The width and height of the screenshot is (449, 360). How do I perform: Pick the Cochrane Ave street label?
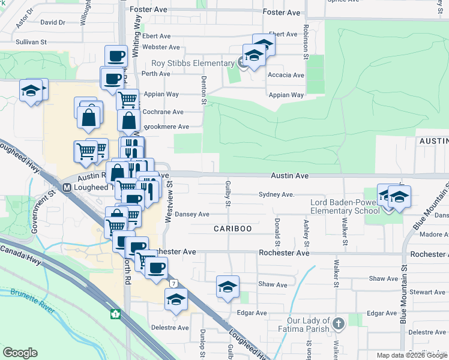coord(162,112)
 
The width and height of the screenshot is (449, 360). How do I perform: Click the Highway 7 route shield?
coord(173,283)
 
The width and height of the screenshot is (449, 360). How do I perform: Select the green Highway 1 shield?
coord(115,314)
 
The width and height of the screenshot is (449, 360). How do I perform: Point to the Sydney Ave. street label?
coord(276,194)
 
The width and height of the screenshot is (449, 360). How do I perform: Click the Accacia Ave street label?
coord(286,75)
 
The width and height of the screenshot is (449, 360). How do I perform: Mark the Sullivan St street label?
coord(31,43)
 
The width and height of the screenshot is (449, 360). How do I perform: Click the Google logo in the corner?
coord(20,353)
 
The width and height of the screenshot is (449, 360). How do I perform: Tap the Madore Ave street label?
coord(435,235)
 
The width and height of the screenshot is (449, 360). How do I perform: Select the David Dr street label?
coord(52,23)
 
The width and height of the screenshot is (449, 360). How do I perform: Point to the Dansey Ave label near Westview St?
coord(192,214)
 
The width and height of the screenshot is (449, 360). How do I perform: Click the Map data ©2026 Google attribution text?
coord(412,355)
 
